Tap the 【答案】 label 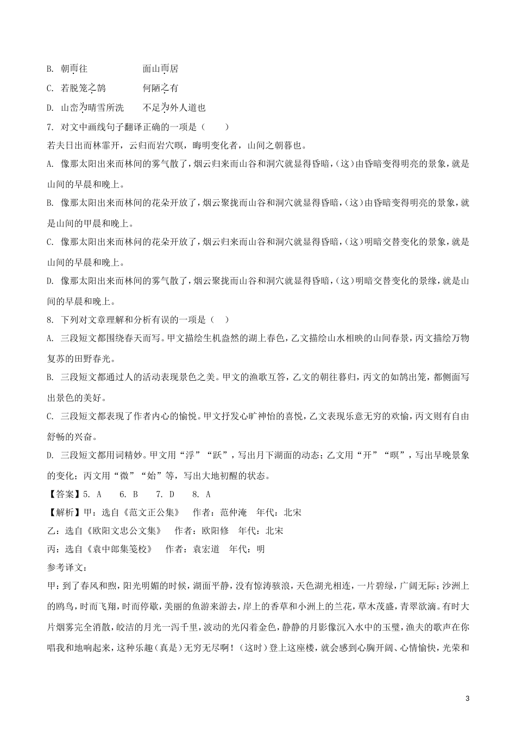click(x=64, y=494)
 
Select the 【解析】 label click(x=64, y=512)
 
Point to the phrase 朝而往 click(x=74, y=69)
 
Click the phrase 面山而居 click(x=160, y=69)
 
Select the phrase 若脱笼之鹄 click(x=83, y=88)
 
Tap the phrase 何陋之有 click(x=160, y=88)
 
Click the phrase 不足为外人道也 click(x=174, y=108)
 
